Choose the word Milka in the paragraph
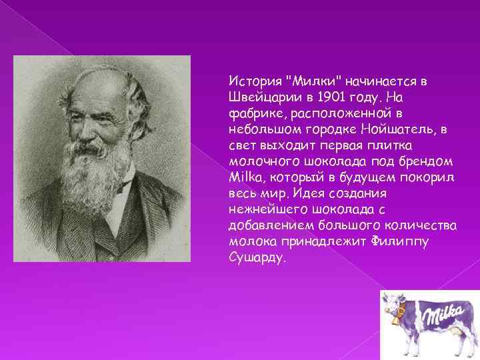(243, 177)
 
